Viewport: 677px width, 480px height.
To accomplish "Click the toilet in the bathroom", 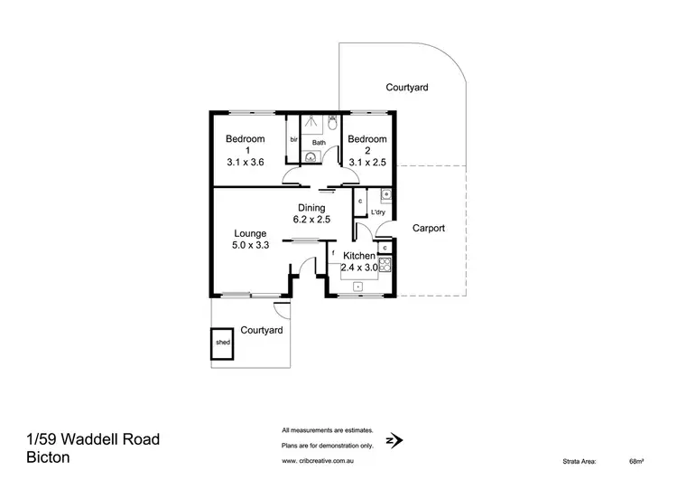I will coord(331,121).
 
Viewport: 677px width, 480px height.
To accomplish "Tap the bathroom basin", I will coord(311,156).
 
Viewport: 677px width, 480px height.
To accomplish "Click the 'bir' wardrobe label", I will coord(293,140).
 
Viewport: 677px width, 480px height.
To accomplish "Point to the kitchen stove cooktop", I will coord(385,264).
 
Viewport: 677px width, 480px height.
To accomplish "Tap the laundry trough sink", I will coord(385,194).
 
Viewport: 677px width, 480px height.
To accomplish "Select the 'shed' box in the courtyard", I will coord(222,343).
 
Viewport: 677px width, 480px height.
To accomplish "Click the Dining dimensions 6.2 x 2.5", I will coord(312,219).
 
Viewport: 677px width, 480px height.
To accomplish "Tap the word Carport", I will coord(429,229).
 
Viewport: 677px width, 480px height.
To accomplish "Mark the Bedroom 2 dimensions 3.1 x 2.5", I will coord(366,152).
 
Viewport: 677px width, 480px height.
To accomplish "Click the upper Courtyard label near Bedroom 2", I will coord(406,88).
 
